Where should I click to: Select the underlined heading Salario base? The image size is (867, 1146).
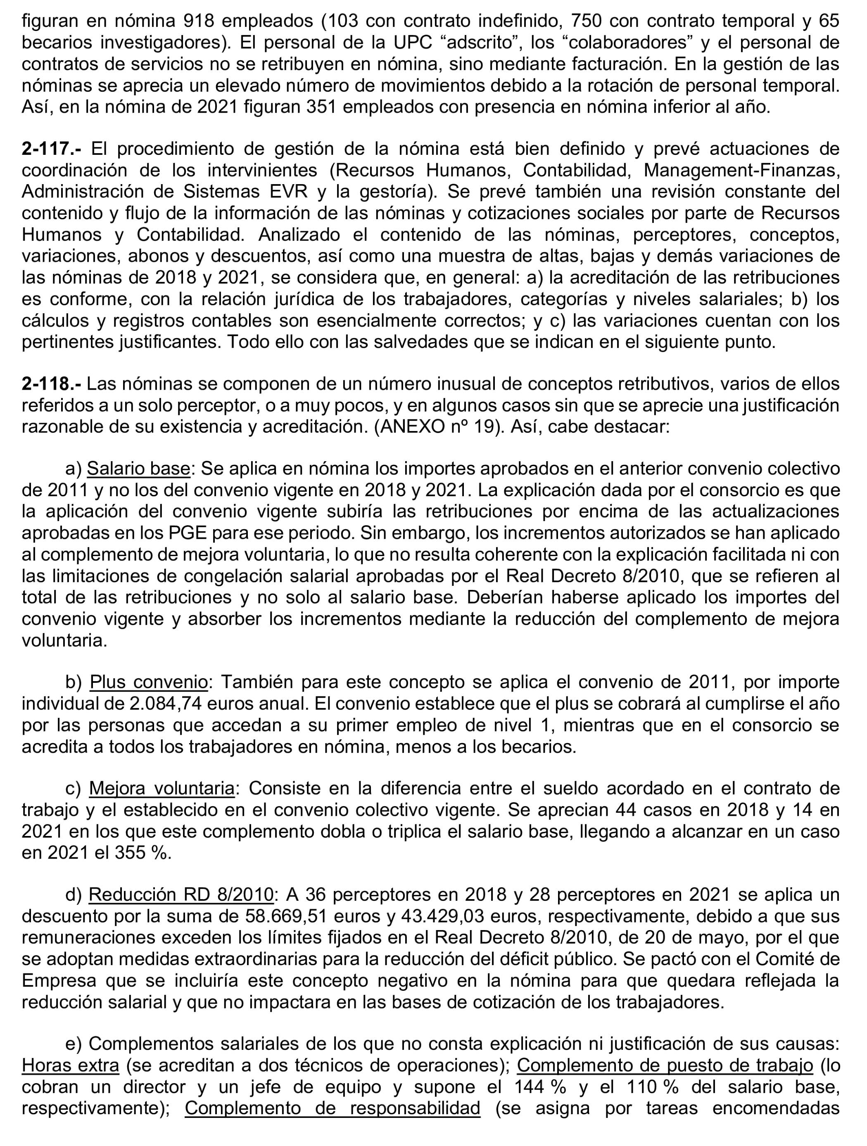coord(138,469)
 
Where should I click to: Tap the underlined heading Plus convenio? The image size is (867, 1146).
coord(149,682)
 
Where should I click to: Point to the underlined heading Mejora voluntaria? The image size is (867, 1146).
coord(162,788)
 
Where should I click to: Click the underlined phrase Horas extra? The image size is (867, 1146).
coord(71,1065)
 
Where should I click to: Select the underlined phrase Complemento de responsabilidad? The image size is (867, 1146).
coord(332,1108)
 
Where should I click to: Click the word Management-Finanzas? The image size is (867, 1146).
coord(741,170)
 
